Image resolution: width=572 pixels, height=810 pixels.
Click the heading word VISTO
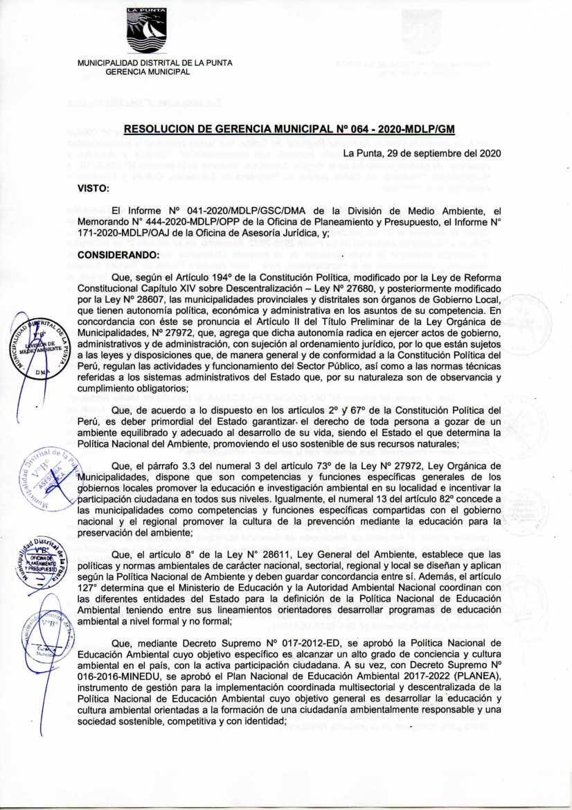[x=95, y=186]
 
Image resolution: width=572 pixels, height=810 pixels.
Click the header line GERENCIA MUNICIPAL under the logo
[x=147, y=72]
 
